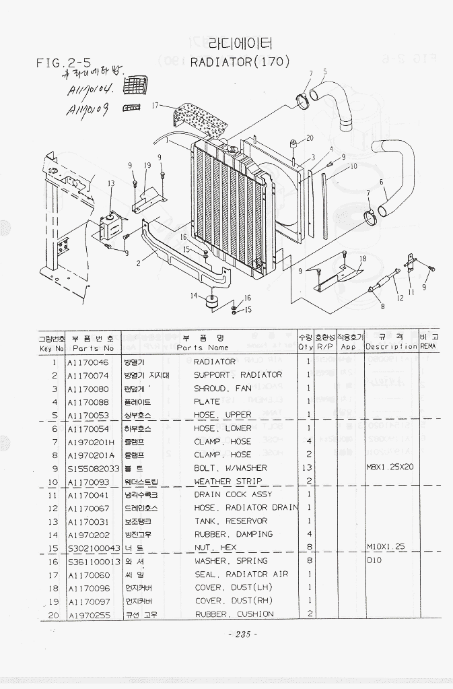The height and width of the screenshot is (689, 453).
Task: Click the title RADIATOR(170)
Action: [x=240, y=62]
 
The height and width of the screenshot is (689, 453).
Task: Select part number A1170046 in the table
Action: [x=88, y=362]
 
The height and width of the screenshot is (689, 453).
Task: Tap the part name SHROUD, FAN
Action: [x=222, y=389]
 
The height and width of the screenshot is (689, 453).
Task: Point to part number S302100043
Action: [x=94, y=548]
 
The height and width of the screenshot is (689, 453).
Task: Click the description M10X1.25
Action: [x=386, y=548]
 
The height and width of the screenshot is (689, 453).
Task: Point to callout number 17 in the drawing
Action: [x=155, y=105]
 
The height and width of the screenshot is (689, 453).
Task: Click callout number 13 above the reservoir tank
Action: [x=111, y=183]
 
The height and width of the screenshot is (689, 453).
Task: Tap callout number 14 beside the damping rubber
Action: [x=194, y=296]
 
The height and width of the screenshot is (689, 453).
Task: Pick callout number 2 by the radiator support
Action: [x=138, y=263]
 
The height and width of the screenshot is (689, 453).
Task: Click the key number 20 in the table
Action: [x=54, y=614]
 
